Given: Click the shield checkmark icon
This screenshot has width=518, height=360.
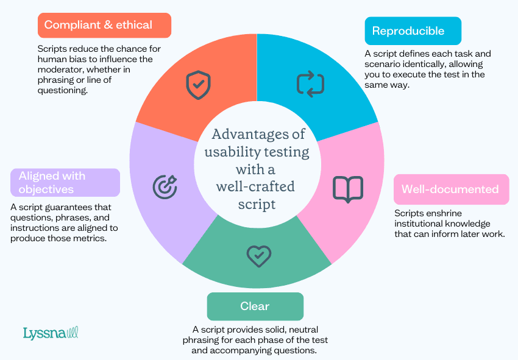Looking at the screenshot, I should point(197,85).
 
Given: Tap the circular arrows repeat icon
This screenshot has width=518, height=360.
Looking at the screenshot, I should point(310,84).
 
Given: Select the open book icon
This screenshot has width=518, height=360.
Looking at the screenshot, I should point(347,189).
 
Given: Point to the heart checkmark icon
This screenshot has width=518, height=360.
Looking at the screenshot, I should point(258,256).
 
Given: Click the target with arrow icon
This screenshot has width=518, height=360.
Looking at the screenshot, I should point(164,185).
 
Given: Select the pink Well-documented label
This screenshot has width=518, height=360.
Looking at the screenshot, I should point(450,189).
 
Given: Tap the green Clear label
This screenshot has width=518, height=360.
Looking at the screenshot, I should point(255,306).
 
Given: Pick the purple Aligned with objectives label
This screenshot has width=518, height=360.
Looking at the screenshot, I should point(65,183).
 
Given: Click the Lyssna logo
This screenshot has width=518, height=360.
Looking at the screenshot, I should point(51,333).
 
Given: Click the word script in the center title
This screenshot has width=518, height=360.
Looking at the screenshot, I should point(257,203).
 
